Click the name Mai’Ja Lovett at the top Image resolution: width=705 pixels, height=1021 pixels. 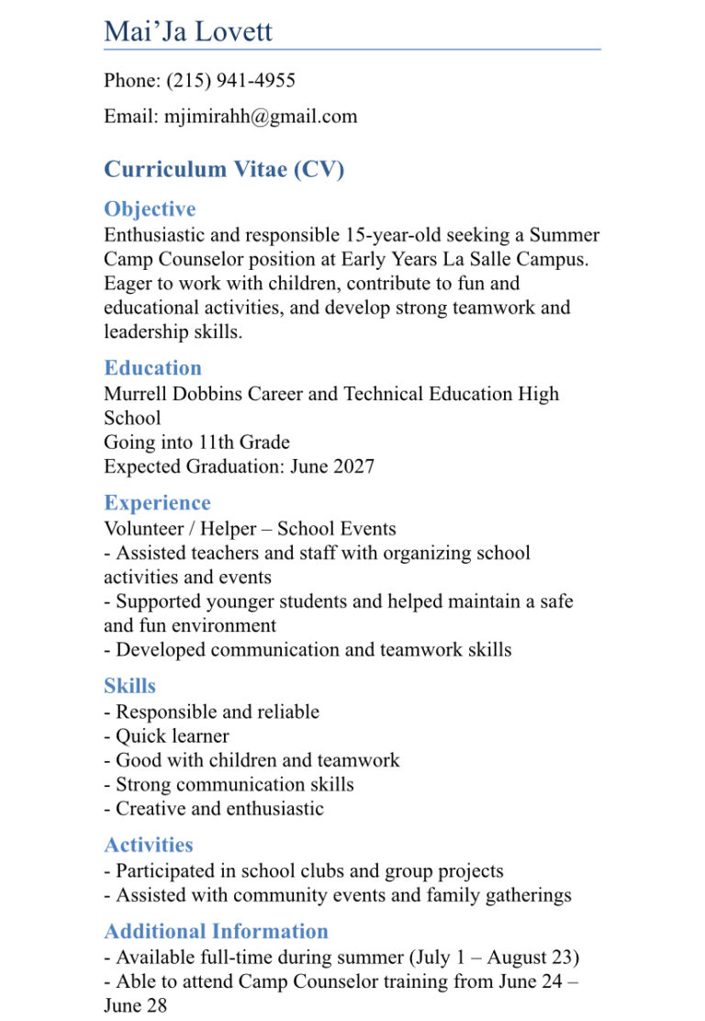[x=188, y=31]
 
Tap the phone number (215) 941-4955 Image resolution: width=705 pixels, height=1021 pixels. [x=230, y=81]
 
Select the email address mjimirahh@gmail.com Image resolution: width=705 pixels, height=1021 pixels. [x=261, y=117]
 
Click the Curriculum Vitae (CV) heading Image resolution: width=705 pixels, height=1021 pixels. [x=224, y=169]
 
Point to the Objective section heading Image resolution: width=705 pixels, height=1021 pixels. [x=150, y=209]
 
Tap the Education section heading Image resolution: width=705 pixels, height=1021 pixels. [x=152, y=368]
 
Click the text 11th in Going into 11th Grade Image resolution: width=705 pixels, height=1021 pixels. [x=216, y=442]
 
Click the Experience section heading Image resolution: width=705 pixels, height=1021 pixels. [x=157, y=503]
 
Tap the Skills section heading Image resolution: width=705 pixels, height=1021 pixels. [x=129, y=686]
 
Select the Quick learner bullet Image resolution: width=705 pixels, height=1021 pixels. [x=172, y=736]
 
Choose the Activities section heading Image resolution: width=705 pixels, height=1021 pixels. [x=149, y=845]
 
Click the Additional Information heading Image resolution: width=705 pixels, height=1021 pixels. [x=216, y=931]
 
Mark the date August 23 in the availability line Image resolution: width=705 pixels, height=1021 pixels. [x=529, y=958]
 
